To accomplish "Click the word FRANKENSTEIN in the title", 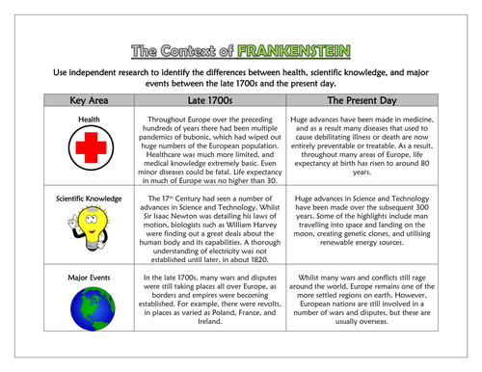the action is pyautogui.click(x=298, y=50).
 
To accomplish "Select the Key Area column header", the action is pyautogui.click(x=81, y=98).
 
